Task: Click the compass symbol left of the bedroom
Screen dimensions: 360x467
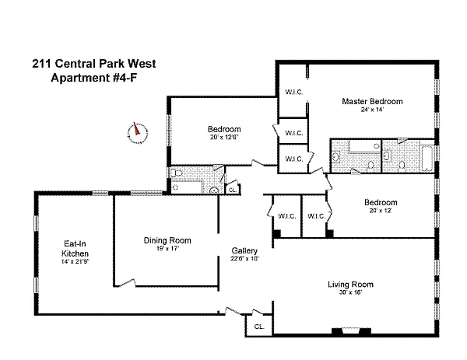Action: pos(137,132)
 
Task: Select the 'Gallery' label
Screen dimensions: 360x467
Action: pos(244,250)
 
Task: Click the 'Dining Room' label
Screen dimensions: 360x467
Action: pos(167,240)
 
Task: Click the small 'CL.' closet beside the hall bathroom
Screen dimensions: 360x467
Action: pos(232,189)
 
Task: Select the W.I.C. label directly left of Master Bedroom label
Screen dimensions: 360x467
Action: pos(294,92)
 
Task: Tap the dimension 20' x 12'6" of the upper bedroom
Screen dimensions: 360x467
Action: pos(223,138)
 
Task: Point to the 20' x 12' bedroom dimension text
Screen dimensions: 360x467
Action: pos(381,211)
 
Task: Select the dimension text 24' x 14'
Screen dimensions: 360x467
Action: pos(371,110)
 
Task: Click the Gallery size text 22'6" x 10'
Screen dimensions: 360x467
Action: pos(244,259)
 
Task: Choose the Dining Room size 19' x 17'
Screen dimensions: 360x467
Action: pos(167,249)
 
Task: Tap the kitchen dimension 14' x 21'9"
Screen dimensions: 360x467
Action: pos(75,262)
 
